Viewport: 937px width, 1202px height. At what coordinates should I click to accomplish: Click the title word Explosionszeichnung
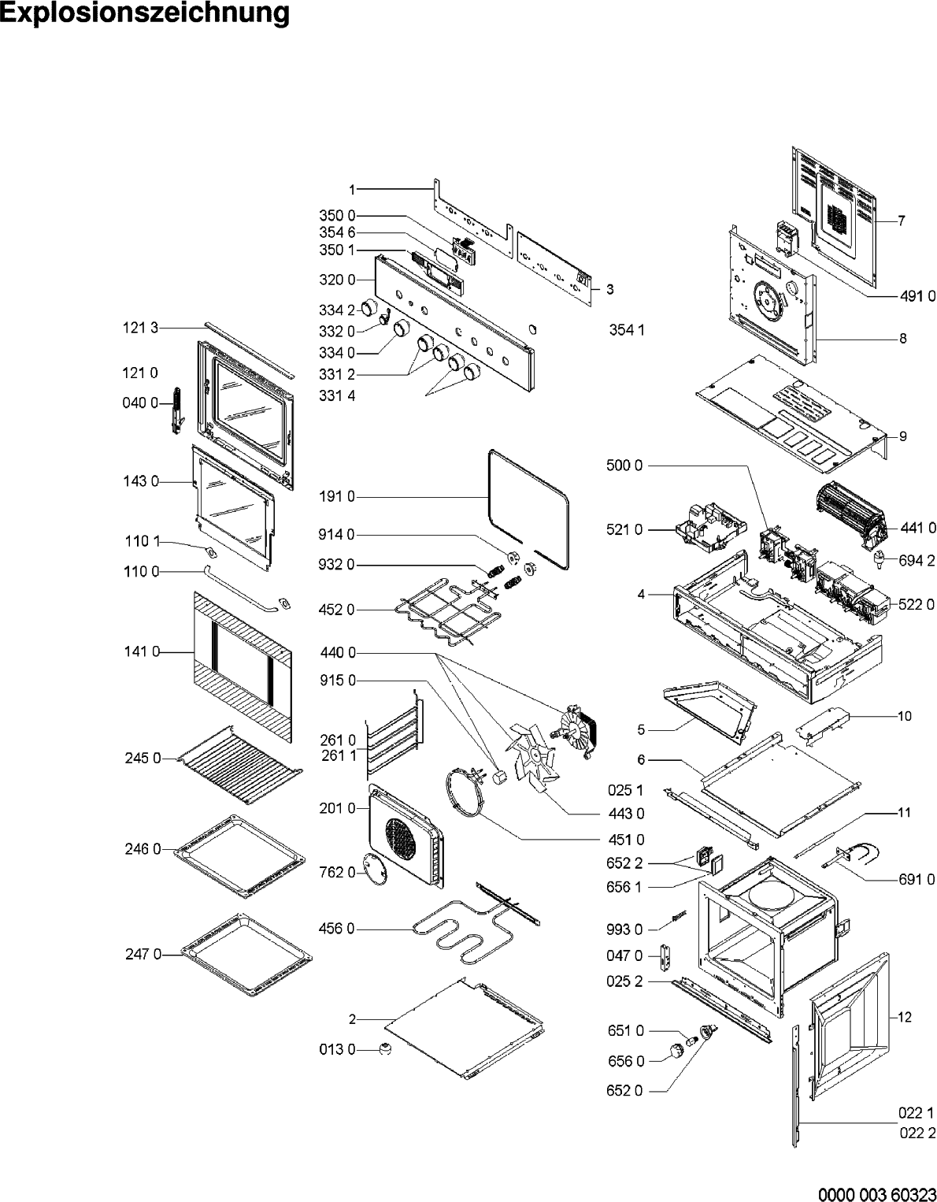coord(145,13)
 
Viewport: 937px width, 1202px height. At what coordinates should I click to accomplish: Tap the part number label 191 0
coord(337,497)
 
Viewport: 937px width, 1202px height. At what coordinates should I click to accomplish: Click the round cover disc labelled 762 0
coord(374,870)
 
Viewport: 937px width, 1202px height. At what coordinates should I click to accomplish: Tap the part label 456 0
coord(337,929)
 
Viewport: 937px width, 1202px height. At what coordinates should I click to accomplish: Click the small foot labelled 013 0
coord(385,1048)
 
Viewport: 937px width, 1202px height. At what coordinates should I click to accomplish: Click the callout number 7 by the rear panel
coord(902,222)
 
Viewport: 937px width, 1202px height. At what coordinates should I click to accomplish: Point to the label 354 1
coord(627,330)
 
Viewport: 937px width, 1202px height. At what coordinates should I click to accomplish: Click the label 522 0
coord(917,604)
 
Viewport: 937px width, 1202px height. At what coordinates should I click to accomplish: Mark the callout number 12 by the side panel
coord(905,1017)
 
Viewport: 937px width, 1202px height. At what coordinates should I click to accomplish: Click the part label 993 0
coord(625,929)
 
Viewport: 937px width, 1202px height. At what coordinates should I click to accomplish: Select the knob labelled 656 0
coord(674,1050)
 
